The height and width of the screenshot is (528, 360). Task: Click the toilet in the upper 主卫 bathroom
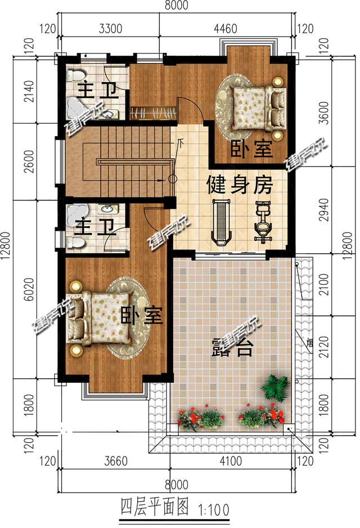coord(76,75)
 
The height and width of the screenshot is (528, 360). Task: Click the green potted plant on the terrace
coord(276,388)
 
